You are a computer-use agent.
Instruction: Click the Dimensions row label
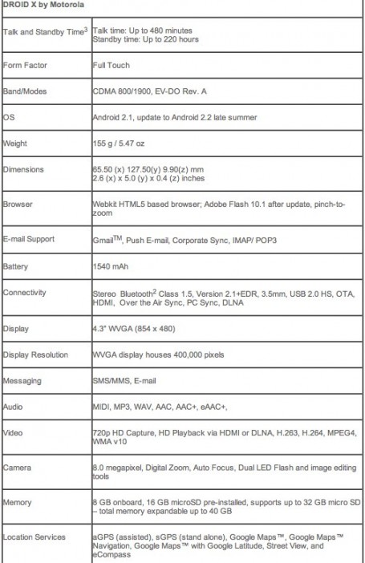[24, 169]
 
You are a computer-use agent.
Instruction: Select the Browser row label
[18, 205]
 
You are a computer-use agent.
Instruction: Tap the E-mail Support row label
[30, 238]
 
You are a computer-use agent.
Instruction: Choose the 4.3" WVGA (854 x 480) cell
[132, 329]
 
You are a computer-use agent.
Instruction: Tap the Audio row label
[14, 407]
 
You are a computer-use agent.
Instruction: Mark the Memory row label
[18, 502]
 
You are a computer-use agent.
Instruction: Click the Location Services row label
[34, 537]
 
